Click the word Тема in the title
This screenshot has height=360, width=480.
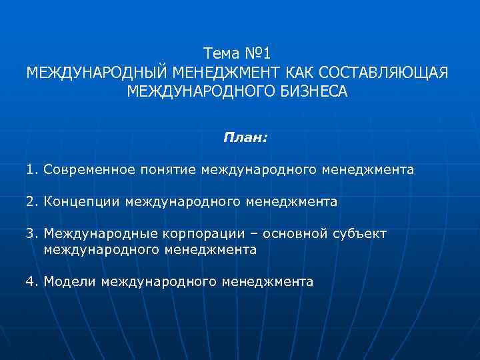pos(223,52)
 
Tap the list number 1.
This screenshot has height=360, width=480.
pos(31,170)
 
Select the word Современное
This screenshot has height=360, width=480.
pos(88,170)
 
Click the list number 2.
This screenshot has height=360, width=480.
pos(31,201)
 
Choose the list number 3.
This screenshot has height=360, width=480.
pos(31,234)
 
